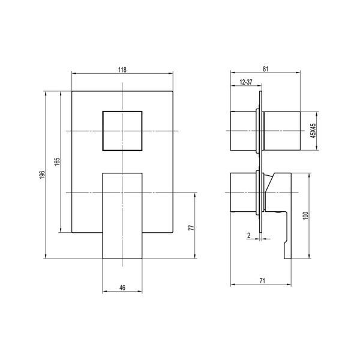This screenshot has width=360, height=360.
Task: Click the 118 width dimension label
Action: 122,70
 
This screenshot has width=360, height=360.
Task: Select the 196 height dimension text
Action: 42,175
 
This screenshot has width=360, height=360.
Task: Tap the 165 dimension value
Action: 58,161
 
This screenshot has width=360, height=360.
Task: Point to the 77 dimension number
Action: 191,227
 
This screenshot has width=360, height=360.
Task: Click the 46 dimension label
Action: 122,287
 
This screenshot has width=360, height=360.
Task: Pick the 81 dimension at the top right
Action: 265,69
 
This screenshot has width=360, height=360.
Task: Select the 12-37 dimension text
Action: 246,82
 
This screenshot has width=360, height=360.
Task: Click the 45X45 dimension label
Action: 313,131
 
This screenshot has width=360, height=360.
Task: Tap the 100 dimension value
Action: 305,216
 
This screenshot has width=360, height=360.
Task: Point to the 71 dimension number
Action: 262,281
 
